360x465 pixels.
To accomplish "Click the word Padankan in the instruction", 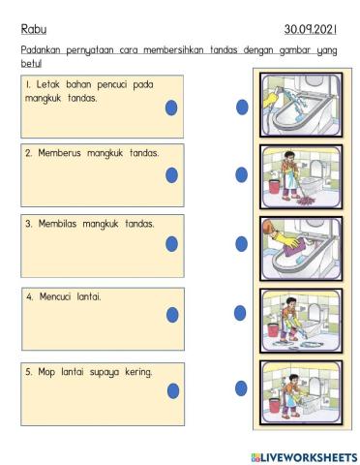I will tap(45, 50).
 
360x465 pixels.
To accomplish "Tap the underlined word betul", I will tap(32, 63).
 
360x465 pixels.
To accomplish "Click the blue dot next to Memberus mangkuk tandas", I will tap(171, 175).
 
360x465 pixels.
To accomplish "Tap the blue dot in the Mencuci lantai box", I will tap(171, 314).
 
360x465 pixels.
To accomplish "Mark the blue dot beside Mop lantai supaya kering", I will tap(171, 389).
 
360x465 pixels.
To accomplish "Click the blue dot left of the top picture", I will tap(242, 108).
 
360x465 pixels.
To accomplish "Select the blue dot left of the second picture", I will tap(242, 174).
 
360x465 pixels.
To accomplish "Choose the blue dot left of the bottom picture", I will tap(242, 388).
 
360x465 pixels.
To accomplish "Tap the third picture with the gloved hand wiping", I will tap(300, 247).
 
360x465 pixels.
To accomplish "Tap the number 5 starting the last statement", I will tap(28, 371).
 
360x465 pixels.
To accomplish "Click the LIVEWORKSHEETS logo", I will tap(303, 456).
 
